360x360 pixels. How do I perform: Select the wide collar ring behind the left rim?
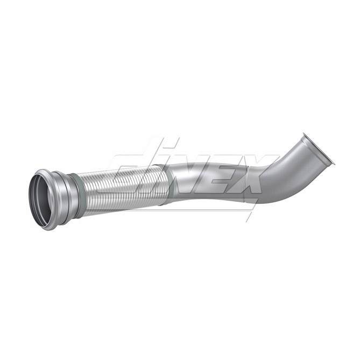[65, 197]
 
